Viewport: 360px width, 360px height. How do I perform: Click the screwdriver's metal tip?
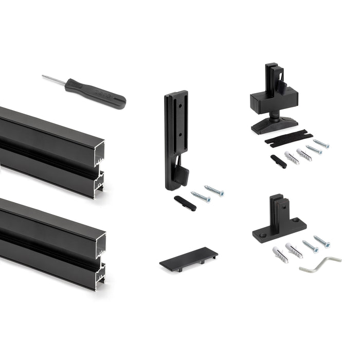point(49,78)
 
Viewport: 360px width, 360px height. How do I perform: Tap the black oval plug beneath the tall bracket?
point(185,203)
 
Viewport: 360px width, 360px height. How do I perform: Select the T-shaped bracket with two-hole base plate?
point(279,221)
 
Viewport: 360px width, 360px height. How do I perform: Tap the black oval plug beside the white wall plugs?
point(279,161)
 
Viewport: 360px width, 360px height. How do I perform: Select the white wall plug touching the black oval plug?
point(291,157)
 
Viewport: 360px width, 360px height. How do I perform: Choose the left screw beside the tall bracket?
point(201,196)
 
